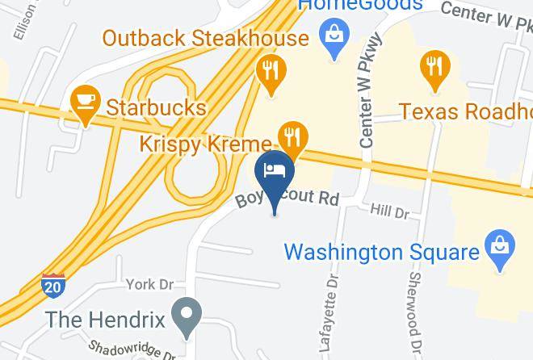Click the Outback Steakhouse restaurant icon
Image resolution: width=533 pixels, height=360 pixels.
point(268,70)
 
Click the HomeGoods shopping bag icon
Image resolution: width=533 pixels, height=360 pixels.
point(332,36)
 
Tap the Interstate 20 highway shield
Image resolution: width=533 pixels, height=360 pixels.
point(53,284)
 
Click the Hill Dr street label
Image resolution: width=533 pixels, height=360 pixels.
point(389,211)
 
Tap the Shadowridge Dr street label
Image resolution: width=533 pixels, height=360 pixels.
point(132,350)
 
